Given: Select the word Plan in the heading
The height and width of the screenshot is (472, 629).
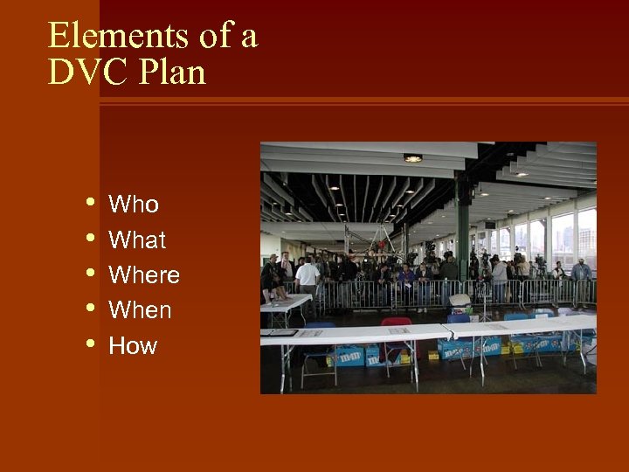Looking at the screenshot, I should [171, 73].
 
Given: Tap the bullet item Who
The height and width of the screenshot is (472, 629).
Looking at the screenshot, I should [134, 205].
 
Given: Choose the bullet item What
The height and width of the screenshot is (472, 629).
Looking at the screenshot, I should [137, 239].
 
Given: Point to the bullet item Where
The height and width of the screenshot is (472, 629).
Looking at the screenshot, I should [144, 275].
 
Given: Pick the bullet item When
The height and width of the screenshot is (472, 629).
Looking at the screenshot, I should [140, 310].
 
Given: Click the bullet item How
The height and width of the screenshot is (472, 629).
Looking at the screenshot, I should [133, 346].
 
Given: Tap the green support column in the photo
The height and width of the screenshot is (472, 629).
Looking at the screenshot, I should [462, 227].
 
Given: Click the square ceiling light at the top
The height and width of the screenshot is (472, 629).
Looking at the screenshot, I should [412, 158].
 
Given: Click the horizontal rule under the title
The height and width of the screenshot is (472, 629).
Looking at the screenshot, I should [363, 101].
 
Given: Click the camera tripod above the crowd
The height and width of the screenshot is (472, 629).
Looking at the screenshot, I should [377, 236].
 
